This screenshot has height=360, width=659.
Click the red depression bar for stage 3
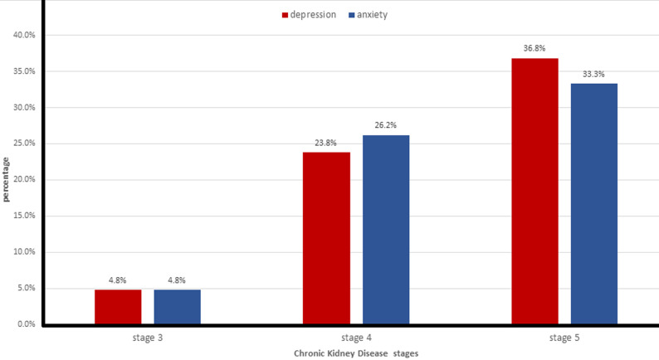coord(118,307)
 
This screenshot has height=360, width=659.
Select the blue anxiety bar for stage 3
coord(178,307)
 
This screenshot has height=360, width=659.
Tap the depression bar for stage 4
coord(326,238)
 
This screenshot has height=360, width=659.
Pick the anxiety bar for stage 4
coord(386,230)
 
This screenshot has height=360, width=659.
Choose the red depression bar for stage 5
coord(535,191)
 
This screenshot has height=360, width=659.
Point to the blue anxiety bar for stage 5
coord(594,204)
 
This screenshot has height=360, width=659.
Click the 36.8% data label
coord(535,48)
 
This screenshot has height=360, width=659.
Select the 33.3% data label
coord(594,75)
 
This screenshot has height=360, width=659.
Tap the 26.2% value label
coord(386,125)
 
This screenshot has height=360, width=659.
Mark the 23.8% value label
coord(325,143)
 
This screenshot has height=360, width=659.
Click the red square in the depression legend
coord(285,15)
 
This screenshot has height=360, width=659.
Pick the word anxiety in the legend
coord(373,15)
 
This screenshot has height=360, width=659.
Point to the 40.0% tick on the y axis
coord(24,36)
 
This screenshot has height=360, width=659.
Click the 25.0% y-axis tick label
coord(24,144)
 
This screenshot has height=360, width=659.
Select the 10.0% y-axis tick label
coord(24,251)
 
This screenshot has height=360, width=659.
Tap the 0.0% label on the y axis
coord(27,324)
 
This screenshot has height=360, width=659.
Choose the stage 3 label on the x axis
coord(148,338)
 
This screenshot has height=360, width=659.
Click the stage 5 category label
coord(564,338)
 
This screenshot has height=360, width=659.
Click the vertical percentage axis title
coord(6,179)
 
